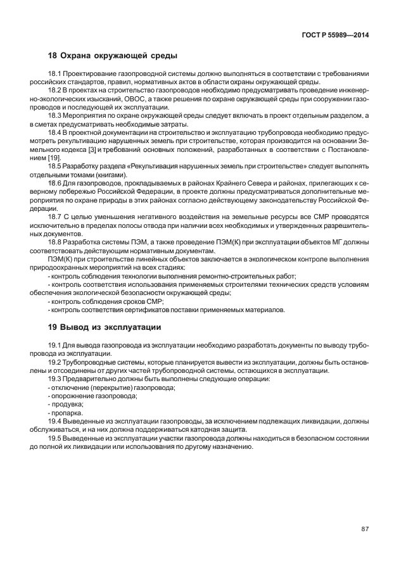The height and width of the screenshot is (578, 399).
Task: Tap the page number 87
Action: coord(365,530)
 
